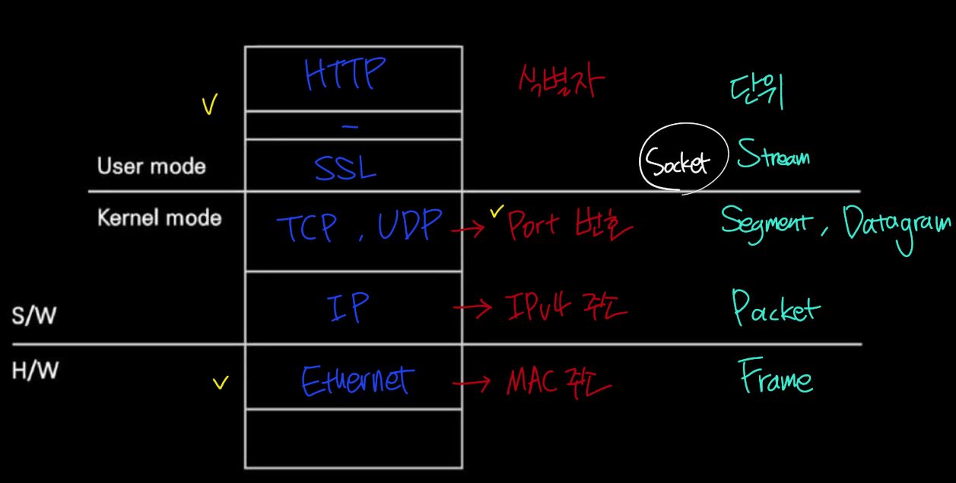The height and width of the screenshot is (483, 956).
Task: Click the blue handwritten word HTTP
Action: [x=345, y=75]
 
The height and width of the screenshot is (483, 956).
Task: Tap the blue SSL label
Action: [x=345, y=167]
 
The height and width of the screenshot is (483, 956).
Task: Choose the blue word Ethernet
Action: [x=357, y=380]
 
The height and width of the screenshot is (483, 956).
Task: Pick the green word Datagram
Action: [x=894, y=225]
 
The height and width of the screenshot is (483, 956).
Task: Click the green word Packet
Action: [x=775, y=308]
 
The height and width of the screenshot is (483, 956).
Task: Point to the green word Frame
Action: [x=776, y=377]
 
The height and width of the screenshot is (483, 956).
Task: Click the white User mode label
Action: [x=151, y=166]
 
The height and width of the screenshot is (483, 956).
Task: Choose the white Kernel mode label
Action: [x=160, y=218]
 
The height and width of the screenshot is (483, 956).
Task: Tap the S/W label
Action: [x=33, y=316]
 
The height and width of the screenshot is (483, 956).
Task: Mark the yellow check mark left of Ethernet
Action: [x=221, y=383]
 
